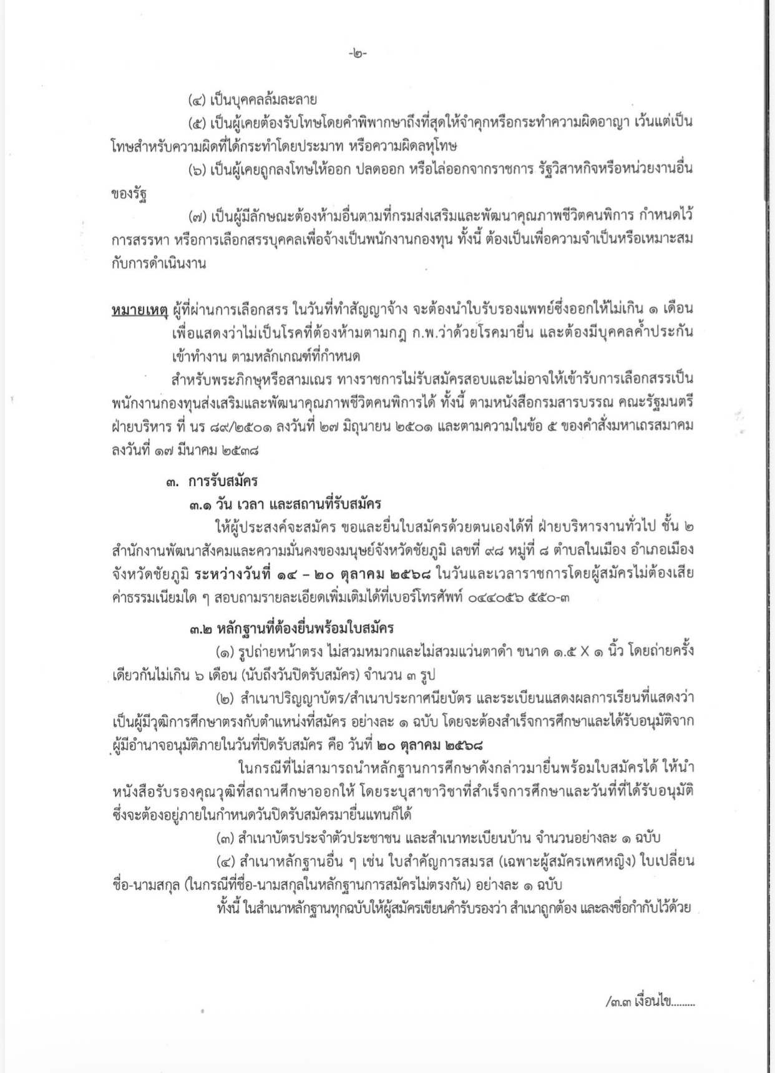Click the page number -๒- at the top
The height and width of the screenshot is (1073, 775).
[358, 54]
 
